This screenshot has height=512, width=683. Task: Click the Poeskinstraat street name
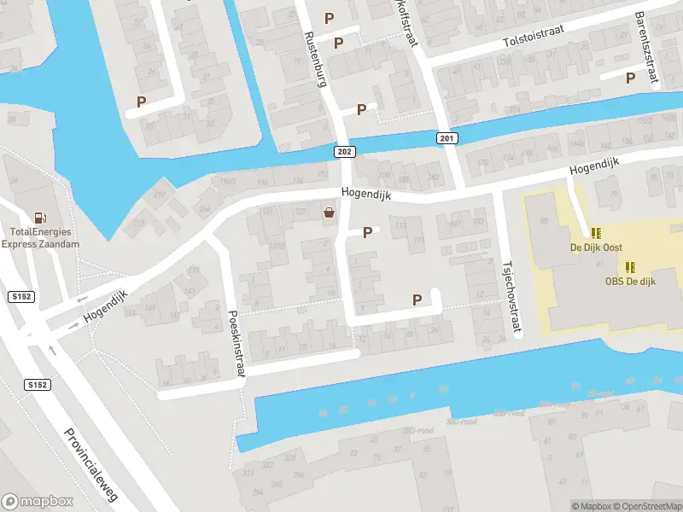click(x=236, y=346)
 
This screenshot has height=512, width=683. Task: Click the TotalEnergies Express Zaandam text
click(x=40, y=237)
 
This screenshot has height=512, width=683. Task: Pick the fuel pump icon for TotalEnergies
click(x=39, y=218)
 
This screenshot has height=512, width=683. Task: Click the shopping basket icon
click(x=330, y=213)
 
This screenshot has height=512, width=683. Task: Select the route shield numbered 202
click(x=342, y=150)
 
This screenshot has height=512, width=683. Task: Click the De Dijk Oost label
click(x=597, y=247)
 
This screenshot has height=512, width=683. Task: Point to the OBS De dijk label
click(x=630, y=282)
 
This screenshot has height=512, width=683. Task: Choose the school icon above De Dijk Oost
click(x=596, y=232)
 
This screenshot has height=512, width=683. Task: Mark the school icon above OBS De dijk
click(x=630, y=266)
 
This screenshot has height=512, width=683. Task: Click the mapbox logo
click(x=38, y=502)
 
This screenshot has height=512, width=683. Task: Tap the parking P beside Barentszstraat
click(x=631, y=78)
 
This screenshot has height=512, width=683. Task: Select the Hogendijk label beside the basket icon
click(x=365, y=195)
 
